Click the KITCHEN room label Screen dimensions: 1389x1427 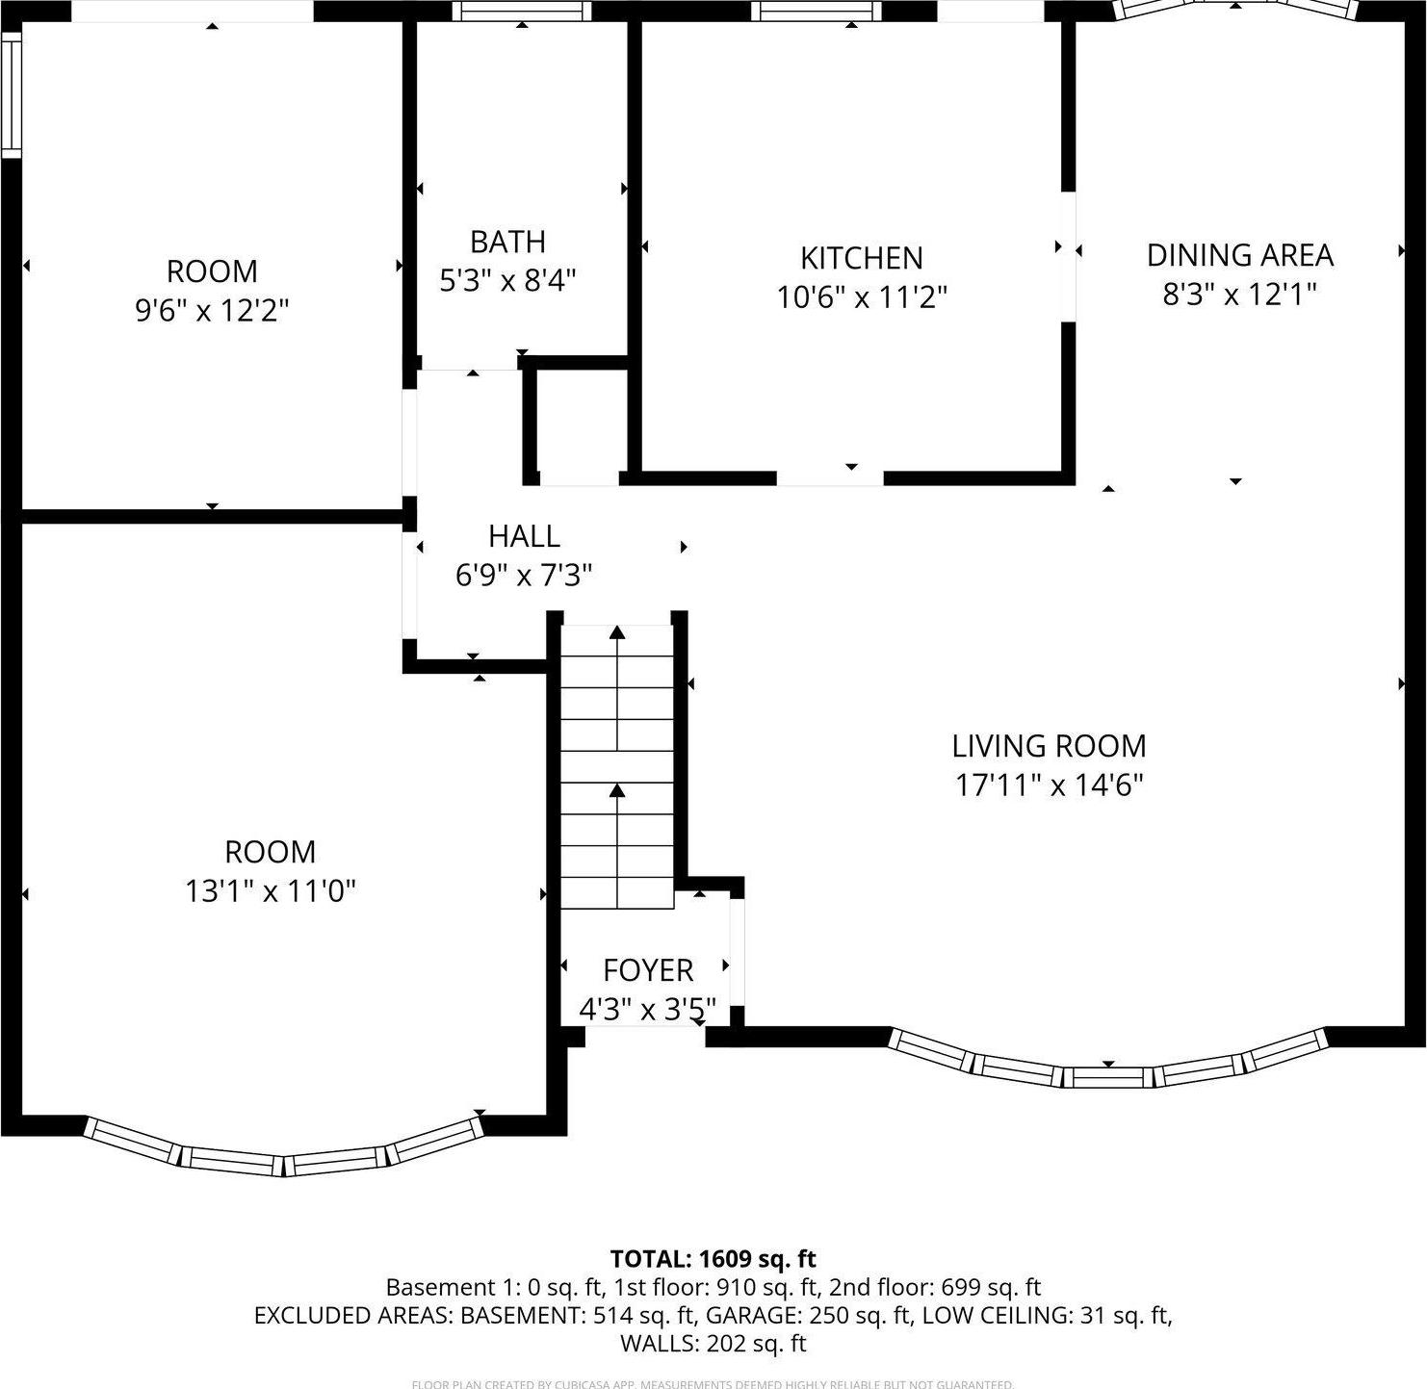pos(861,258)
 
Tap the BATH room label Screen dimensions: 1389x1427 pos(507,241)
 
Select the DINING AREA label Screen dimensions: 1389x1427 pos(1239,255)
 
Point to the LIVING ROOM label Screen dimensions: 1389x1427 pos(1049,746)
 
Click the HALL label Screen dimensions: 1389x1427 pos(524,536)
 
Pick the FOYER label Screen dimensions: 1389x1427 pos(647,969)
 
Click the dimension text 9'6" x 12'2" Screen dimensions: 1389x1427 pos(212,310)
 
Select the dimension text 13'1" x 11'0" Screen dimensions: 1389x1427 pos(271,891)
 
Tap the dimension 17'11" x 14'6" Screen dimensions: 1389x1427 pos(1049,785)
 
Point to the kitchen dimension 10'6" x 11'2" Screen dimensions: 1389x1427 pos(862,297)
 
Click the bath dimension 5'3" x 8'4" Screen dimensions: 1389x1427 pos(507,281)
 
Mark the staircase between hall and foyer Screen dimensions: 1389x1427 pos(617,765)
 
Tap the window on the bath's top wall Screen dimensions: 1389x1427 pos(521,11)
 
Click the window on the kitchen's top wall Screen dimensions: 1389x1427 pos(815,11)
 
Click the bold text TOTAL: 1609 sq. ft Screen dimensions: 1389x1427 pos(713,1259)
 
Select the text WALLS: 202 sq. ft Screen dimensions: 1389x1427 pos(713,1343)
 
